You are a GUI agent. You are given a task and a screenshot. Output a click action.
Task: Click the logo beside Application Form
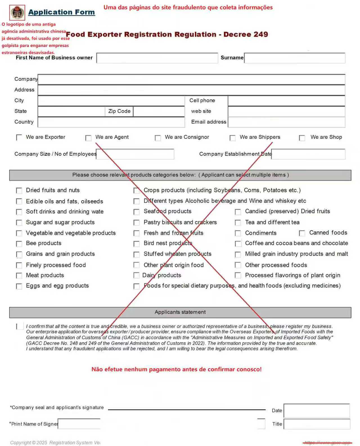[17, 13]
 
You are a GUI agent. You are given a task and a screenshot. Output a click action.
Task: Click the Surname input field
[294, 58]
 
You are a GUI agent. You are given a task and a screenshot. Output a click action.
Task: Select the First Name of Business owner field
[157, 58]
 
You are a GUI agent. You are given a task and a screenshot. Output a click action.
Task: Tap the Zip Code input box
[159, 111]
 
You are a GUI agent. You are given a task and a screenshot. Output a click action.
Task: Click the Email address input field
[286, 122]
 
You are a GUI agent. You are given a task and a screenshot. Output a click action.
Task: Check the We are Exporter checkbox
[19, 138]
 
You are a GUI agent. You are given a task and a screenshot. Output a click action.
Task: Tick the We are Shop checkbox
[302, 138]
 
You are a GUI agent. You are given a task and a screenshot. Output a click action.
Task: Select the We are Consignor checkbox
[158, 138]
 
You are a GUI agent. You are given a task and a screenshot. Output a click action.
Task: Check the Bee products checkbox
[19, 244]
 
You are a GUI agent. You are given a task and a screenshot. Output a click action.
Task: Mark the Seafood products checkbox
[136, 212]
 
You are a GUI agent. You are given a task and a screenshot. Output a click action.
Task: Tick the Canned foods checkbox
[302, 233]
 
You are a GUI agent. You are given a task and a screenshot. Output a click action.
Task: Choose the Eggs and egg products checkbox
[19, 286]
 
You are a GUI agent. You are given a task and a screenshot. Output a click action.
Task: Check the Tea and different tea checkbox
[238, 223]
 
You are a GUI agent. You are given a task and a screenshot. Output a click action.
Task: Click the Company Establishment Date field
[308, 154]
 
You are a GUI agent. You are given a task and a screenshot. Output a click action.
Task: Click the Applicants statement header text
[180, 312]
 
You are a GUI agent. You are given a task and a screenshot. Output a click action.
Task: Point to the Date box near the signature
[317, 411]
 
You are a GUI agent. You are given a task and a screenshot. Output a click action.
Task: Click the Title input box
[317, 424]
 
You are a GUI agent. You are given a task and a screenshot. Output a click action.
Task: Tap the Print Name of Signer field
[79, 424]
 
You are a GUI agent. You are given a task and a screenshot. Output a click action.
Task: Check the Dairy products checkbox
[136, 275]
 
